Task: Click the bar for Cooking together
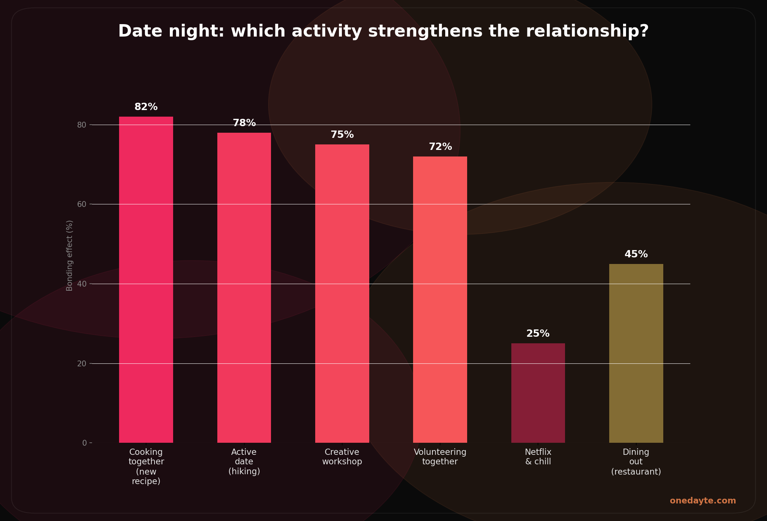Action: point(146,280)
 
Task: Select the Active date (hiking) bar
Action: point(244,288)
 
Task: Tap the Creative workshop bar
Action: point(342,294)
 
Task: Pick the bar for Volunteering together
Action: point(440,299)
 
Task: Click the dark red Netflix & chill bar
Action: point(538,393)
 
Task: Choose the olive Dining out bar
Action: point(636,353)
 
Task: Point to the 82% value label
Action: point(146,107)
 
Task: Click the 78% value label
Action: point(244,123)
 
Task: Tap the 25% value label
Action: point(538,334)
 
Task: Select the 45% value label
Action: point(636,254)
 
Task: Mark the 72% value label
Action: point(440,147)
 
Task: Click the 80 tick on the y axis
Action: point(81,125)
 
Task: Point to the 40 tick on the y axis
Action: point(81,284)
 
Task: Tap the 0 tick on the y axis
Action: point(84,443)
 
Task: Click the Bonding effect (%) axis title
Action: point(69,256)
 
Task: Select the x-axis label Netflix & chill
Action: point(538,457)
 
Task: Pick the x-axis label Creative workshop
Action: point(342,457)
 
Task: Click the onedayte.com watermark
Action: point(702,501)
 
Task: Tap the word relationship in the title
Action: point(588,31)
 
